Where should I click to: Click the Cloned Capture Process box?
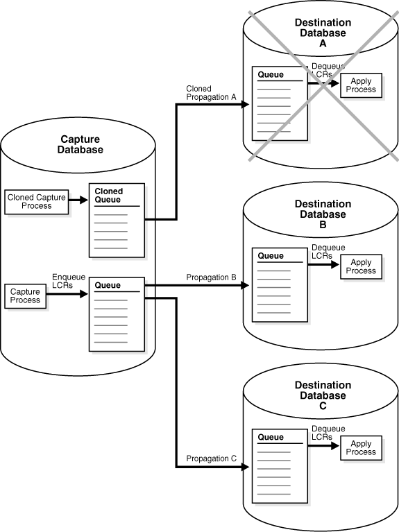pos(37,201)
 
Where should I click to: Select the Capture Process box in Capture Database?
pos(25,297)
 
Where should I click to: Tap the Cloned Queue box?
pos(116,220)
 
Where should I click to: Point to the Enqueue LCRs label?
pos(68,281)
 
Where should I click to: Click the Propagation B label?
pos(211,277)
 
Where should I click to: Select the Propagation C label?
pos(211,458)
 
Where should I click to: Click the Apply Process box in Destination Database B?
pos(361,266)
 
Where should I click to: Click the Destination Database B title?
pos(323,209)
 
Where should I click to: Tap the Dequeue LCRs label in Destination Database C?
pos(328,432)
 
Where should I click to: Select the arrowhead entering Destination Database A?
pos(245,104)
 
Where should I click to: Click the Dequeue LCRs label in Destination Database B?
pos(328,251)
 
